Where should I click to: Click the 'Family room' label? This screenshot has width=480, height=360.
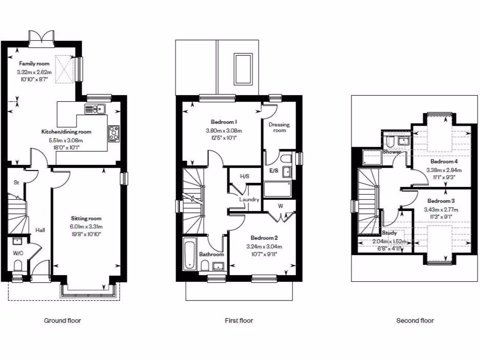click(x=34, y=63)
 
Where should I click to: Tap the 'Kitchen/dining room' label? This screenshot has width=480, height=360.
click(x=66, y=132)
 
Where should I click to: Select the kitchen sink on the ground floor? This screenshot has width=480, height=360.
click(x=95, y=109)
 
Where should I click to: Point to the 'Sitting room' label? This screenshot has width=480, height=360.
click(x=86, y=218)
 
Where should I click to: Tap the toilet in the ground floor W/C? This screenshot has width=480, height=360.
click(x=18, y=266)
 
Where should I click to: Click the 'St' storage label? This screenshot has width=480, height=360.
click(x=15, y=182)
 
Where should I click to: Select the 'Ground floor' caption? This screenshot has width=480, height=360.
click(x=62, y=321)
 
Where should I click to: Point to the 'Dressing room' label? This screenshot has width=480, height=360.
click(x=279, y=127)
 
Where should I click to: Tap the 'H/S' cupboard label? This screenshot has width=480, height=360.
click(x=244, y=177)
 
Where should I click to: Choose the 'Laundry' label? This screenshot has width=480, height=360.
click(x=249, y=200)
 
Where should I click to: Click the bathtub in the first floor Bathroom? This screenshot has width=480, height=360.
click(x=189, y=255)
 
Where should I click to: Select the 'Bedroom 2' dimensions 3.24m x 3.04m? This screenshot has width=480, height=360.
click(x=264, y=247)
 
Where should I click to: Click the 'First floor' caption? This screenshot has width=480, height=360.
click(x=239, y=321)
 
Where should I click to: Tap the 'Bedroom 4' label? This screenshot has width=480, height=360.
click(x=443, y=160)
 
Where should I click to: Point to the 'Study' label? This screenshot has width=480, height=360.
click(x=389, y=233)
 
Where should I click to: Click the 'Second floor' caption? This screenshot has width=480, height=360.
click(x=415, y=321)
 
